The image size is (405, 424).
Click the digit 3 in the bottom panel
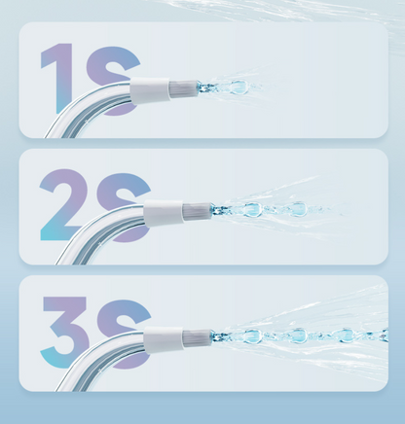pyautogui.click(x=66, y=333)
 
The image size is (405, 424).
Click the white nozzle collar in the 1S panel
pyautogui.click(x=150, y=90)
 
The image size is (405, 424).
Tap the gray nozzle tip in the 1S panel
pyautogui.click(x=183, y=88)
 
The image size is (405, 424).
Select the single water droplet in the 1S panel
pyautogui.click(x=239, y=88)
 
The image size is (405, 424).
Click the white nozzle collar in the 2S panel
pyautogui.click(x=164, y=213)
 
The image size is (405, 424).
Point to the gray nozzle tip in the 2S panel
pyautogui.click(x=197, y=211)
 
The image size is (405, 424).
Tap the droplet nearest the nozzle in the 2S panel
pyautogui.click(x=252, y=209)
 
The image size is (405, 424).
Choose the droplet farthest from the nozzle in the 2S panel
pyautogui.click(x=298, y=209)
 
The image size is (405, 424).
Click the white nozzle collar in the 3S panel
pyautogui.click(x=164, y=339)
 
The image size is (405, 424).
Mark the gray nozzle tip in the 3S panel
pyautogui.click(x=197, y=337)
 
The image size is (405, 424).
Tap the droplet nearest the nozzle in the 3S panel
pyautogui.click(x=252, y=336)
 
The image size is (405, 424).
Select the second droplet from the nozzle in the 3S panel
pyautogui.click(x=298, y=336)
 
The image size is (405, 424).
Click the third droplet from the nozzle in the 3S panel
pyautogui.click(x=346, y=336)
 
